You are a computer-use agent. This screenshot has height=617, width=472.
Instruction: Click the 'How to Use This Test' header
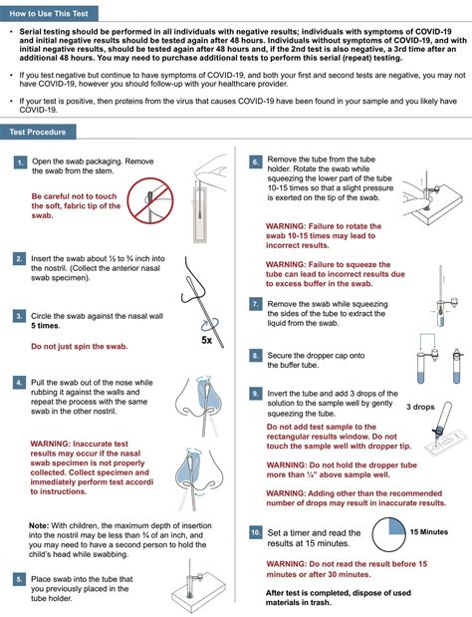pos(49,14)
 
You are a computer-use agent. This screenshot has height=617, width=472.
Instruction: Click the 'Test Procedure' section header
pos(38,133)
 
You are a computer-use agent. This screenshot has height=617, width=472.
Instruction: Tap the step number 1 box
pos(20,162)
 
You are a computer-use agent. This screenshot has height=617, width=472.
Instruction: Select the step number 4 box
pos(19,383)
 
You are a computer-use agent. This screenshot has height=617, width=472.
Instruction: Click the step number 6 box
pos(256,161)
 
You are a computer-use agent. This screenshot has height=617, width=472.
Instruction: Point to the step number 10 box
pos(256,533)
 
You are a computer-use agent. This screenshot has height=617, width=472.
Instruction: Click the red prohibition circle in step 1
pos(150,200)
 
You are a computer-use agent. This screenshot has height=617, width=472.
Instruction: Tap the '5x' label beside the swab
pos(207,340)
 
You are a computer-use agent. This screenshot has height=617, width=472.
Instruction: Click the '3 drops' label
pos(420,407)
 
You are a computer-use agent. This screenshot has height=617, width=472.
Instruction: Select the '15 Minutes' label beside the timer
pos(429,532)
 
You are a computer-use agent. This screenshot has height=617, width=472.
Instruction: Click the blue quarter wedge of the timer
pos(396,526)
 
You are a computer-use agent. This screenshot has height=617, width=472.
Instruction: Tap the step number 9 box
pos(256,394)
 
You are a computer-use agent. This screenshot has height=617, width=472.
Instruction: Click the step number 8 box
pos(256,356)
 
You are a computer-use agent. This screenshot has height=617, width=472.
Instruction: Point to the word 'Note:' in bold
pos(39,525)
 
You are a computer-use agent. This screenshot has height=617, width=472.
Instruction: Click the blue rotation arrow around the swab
pos(210,325)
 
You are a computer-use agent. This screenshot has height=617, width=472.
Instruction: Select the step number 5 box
pos(19,579)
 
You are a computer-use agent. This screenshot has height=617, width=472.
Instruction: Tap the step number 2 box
pos(19,258)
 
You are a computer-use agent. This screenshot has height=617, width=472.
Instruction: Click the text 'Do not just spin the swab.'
pos(80,347)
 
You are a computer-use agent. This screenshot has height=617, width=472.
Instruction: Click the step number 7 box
pos(256,304)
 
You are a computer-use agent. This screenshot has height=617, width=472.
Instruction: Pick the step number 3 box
pos(19,316)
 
